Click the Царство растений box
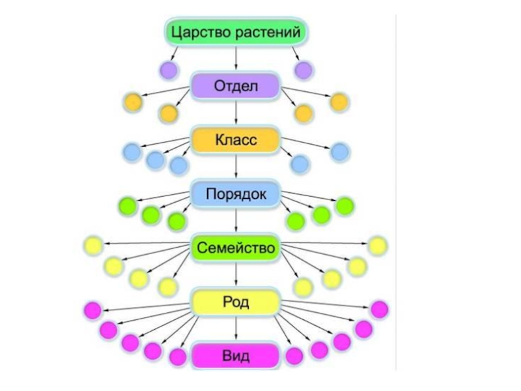coord(235,31)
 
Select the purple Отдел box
coord(235,85)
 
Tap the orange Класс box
coord(235,139)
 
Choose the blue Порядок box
coord(235,194)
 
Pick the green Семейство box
coord(235,248)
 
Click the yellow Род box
coord(235,302)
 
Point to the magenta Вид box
coord(235,356)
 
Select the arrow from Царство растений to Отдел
coord(235,58)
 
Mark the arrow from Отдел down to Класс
coord(235,113)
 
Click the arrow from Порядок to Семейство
coord(235,221)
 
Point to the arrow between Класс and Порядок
coord(235,167)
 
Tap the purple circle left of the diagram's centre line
coord(169,69)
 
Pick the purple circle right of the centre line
coord(303,69)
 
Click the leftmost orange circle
coord(132,102)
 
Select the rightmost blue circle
coord(339,152)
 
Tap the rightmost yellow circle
coord(378,246)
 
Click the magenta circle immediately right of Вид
coord(294,356)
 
